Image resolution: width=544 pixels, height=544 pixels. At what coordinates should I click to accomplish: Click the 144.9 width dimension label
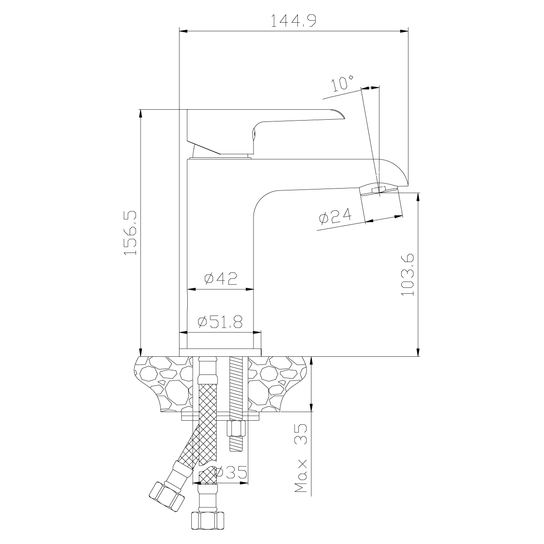click(293, 20)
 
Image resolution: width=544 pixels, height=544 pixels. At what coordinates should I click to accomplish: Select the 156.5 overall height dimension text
click(130, 233)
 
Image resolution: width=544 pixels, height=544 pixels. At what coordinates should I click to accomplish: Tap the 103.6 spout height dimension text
click(408, 274)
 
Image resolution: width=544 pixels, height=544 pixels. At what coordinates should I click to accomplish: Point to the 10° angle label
click(342, 83)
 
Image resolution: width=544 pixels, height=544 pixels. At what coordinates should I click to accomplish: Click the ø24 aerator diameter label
click(335, 217)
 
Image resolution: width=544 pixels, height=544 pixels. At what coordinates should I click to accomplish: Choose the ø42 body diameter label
click(221, 278)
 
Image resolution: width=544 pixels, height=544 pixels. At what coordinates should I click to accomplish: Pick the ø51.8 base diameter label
click(220, 321)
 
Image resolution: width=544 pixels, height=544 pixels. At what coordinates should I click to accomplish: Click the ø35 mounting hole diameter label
click(231, 472)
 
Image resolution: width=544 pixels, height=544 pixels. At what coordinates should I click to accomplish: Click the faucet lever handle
click(265, 132)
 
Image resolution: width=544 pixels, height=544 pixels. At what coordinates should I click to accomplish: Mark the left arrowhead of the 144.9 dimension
click(184, 31)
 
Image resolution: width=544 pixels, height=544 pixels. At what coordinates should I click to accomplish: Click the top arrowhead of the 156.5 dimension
click(141, 114)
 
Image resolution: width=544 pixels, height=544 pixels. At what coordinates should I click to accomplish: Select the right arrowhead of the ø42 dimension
click(249, 289)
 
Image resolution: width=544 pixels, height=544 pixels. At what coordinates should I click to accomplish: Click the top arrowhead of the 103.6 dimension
click(418, 197)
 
